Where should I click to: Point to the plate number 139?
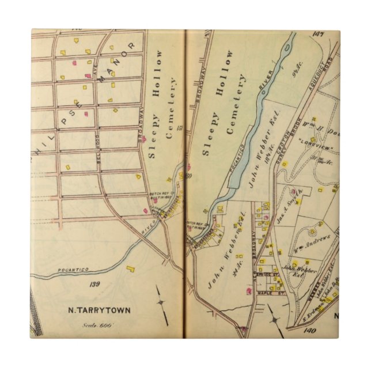click(x=95, y=283)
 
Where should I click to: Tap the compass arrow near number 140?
click(x=270, y=313)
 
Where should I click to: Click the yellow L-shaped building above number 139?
click(x=131, y=268)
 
